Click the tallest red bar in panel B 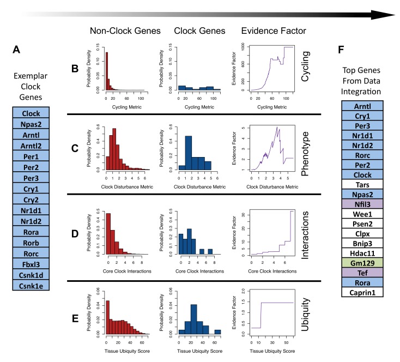click(x=107, y=70)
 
